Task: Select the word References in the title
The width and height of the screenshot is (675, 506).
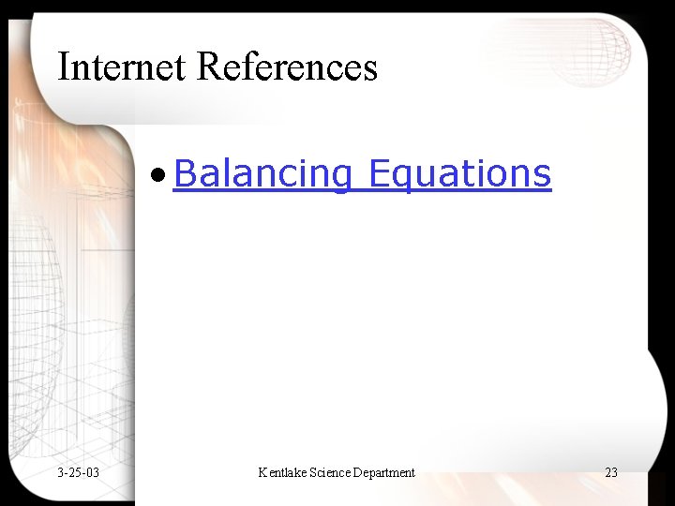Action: pos(288,67)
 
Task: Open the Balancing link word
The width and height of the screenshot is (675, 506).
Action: pos(262,174)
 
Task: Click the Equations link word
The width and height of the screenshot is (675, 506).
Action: pos(459,174)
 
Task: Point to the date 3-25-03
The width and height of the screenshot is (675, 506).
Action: pos(78,472)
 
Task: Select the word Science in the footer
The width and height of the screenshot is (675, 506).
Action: pos(328,472)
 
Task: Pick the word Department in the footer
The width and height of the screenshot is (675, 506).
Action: pos(384,472)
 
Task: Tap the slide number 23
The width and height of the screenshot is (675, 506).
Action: pos(611,472)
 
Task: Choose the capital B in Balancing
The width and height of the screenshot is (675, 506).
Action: pos(184,173)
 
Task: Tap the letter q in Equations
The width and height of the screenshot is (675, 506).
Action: pos(399,178)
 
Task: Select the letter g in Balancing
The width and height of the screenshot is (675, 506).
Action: pos(339,178)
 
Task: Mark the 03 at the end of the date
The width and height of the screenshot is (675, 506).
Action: pos(92,472)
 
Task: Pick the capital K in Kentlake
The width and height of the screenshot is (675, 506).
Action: pos(262,472)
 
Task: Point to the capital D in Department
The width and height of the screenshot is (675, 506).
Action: pos(359,472)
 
